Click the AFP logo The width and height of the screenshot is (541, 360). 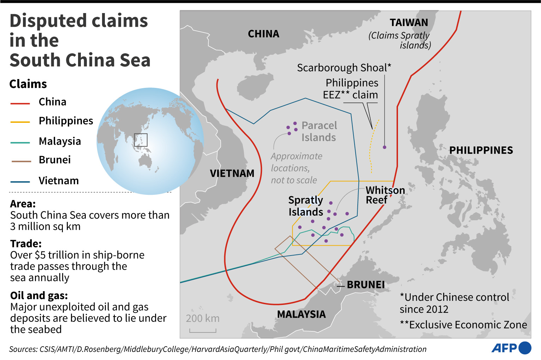(511, 348)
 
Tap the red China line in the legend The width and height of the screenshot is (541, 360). (20, 103)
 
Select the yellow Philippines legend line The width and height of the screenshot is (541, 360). (20, 122)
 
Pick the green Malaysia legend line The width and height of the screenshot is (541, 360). (20, 143)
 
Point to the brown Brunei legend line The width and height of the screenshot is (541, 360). (21, 161)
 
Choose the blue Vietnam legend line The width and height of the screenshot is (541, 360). (20, 182)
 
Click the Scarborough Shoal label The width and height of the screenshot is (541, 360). (344, 68)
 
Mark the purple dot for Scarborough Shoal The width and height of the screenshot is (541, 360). (385, 147)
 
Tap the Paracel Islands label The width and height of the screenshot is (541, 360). (319, 131)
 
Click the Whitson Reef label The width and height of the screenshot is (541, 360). (385, 195)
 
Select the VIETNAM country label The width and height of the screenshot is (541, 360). (232, 173)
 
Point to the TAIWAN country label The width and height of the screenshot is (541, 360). (409, 23)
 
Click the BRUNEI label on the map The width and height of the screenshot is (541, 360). (365, 284)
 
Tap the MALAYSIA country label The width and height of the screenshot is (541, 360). (301, 314)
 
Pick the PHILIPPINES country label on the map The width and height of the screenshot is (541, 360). (481, 150)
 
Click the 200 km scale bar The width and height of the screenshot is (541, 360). (203, 330)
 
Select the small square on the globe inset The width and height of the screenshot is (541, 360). (141, 140)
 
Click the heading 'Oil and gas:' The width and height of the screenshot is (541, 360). (39, 295)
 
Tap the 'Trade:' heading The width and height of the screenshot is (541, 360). (26, 244)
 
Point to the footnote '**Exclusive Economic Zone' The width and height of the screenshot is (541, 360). (463, 325)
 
